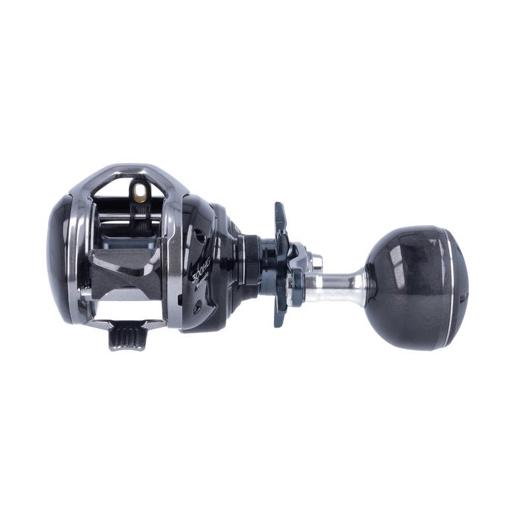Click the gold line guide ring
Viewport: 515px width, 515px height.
140,192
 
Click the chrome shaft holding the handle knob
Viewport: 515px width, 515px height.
340,282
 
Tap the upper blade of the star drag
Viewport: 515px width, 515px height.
279,215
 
